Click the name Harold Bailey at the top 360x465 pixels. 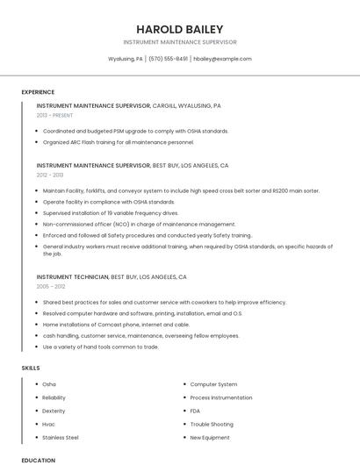[x=179, y=29]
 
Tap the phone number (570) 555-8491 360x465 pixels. [x=168, y=59]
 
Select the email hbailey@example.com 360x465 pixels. [x=222, y=59]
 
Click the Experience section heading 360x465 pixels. [x=38, y=91]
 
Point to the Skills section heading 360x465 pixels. [x=31, y=368]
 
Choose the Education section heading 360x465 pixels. [x=38, y=460]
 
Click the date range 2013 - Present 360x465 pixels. [x=54, y=115]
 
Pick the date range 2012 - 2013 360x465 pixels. [x=49, y=175]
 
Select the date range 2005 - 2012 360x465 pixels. [x=51, y=286]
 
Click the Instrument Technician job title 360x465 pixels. [x=72, y=276]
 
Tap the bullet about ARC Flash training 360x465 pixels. [x=118, y=142]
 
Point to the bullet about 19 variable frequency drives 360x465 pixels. [x=110, y=212]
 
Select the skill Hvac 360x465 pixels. [x=48, y=424]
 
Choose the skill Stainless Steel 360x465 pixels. [x=61, y=437]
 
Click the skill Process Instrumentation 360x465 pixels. [x=221, y=397]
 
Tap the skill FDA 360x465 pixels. [x=195, y=411]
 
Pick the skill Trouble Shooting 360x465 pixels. [x=212, y=424]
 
